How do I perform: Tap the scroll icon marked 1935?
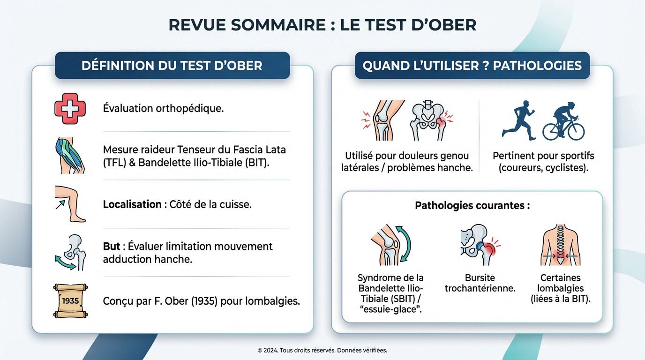pos(71,301)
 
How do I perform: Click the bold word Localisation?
pos(132,204)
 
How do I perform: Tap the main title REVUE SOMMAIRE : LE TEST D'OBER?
pos(322,25)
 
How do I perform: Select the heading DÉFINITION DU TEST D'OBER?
pos(172,65)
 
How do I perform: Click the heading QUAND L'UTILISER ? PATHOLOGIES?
pos(472,65)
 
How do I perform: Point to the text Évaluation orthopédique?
pos(163,108)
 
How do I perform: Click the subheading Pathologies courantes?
pos(472,205)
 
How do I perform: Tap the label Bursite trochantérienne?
pos(480,283)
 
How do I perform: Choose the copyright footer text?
pos(322,350)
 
